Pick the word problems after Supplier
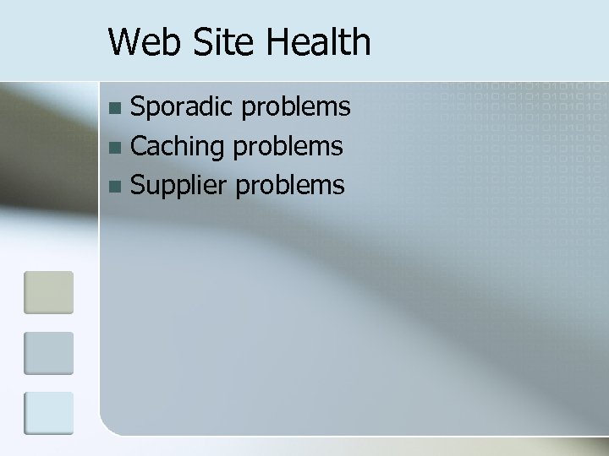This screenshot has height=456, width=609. coord(290,185)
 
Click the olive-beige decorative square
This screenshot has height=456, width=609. coord(48,292)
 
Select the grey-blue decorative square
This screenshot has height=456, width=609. coord(48,353)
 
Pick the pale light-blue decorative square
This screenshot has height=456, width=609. coord(48,413)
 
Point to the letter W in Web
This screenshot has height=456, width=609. coord(125,41)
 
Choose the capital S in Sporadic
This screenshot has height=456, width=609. coord(140,108)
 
